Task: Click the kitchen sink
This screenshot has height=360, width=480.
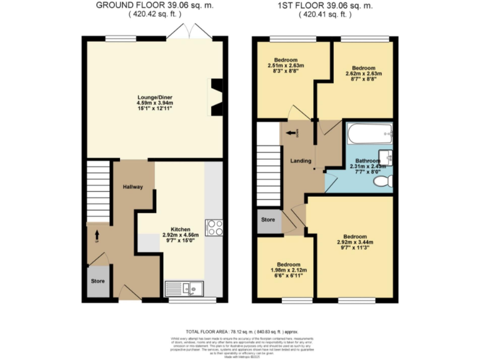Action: [184, 288]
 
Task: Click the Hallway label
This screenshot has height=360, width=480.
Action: [132, 187]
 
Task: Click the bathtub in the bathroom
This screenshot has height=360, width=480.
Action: [369, 133]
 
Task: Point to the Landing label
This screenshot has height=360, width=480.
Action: [301, 161]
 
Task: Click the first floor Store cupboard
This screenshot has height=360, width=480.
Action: [267, 220]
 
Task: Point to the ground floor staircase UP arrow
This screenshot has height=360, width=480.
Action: [97, 236]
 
